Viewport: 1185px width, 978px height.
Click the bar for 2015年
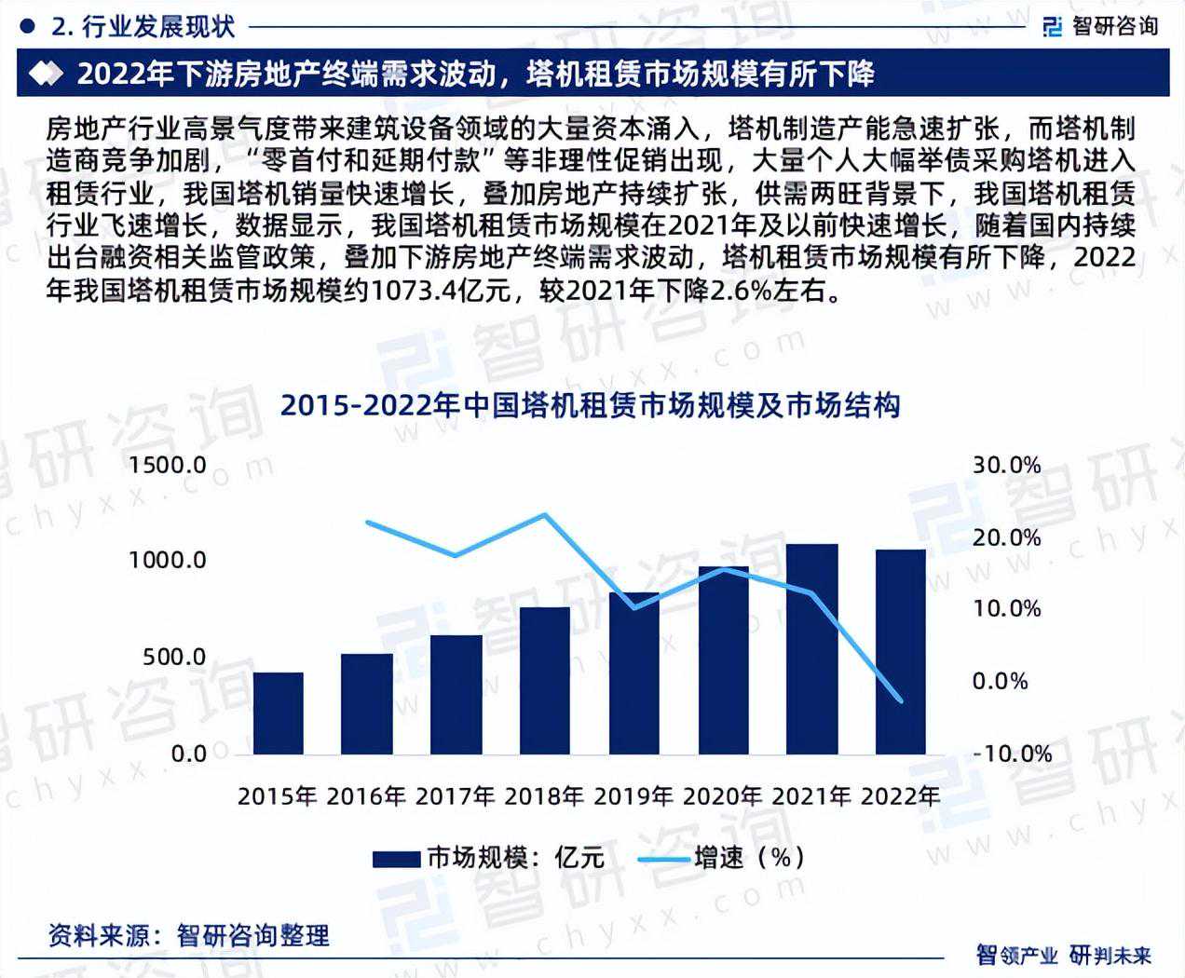click(278, 713)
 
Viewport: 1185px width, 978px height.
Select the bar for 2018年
click(545, 680)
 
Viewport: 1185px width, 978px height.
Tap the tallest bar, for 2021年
click(812, 648)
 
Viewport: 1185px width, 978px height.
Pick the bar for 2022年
click(901, 651)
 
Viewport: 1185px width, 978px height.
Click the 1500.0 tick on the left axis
click(168, 465)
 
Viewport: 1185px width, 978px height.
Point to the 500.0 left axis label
click(174, 657)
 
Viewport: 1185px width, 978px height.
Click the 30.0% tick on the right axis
click(1006, 465)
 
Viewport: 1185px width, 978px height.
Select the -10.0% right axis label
click(1010, 753)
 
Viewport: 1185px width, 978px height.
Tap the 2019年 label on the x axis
click(633, 797)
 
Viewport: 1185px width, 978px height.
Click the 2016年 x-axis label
click(367, 797)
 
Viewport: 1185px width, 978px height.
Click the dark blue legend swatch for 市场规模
click(396, 858)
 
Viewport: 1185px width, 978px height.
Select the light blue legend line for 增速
click(662, 858)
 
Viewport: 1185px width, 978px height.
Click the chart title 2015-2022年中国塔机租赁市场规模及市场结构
click(591, 406)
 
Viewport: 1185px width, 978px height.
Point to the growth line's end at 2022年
click(901, 700)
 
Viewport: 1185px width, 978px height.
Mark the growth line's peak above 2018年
click(545, 514)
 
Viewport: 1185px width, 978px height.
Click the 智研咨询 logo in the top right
click(1101, 25)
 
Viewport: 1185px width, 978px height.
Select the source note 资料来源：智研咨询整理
click(189, 934)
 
